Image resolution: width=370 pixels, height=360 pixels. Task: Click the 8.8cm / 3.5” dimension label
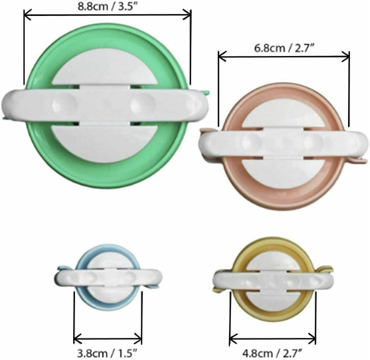[x=108, y=6]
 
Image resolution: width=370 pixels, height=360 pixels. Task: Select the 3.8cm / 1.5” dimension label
[x=107, y=353]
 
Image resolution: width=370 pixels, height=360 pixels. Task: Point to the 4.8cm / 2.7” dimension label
[x=272, y=353]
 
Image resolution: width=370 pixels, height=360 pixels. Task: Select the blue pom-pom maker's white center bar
[x=108, y=278]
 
